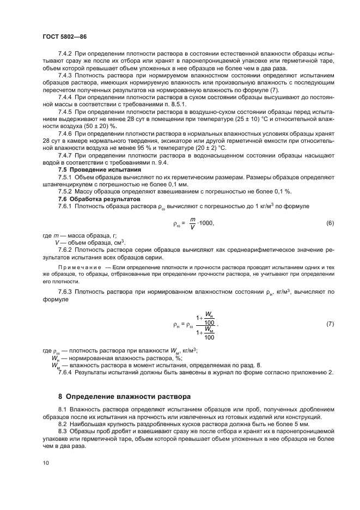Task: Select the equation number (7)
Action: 330,324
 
